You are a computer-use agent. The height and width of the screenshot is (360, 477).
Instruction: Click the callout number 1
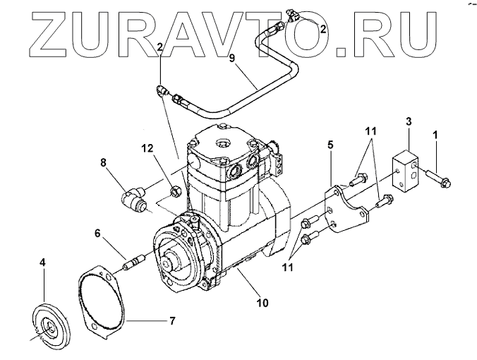tap(435, 133)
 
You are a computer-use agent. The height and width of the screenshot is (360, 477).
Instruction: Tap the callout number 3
tap(409, 122)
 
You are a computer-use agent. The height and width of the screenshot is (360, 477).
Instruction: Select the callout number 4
tap(42, 262)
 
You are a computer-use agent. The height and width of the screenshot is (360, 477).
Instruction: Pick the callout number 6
tap(97, 232)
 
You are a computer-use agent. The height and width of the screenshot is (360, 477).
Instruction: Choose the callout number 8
tap(103, 163)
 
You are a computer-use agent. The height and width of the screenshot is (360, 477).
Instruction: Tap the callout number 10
tap(262, 304)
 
